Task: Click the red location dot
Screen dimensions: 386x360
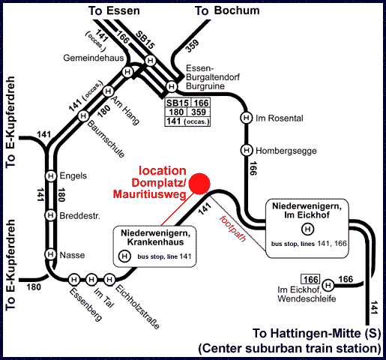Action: (x=199, y=184)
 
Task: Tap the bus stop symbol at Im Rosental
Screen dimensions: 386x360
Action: (x=247, y=118)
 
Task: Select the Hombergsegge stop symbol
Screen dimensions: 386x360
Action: (x=247, y=150)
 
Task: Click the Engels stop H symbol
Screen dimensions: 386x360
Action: (x=51, y=175)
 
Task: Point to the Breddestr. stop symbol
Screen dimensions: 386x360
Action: (x=50, y=215)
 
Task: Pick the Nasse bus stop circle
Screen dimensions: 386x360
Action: (x=50, y=254)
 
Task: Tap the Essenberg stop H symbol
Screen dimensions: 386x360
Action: (x=74, y=279)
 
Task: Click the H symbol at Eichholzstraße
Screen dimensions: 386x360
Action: (x=109, y=279)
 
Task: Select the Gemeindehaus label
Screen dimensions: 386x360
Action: (x=94, y=58)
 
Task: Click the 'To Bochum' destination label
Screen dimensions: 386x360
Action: (x=227, y=10)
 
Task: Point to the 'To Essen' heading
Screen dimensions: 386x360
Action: (x=114, y=11)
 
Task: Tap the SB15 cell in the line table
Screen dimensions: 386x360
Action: (x=178, y=103)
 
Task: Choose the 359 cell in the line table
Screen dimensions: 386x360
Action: (x=199, y=112)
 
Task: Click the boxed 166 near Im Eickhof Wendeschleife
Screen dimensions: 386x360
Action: (x=310, y=279)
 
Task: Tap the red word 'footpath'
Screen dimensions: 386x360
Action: (x=232, y=229)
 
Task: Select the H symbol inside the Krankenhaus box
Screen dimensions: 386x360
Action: (x=124, y=256)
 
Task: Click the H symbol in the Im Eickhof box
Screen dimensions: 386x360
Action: (x=307, y=229)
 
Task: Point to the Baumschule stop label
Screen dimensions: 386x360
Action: (x=106, y=139)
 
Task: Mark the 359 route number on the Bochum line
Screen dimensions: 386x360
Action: (x=193, y=46)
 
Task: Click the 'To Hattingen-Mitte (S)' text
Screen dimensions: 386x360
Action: (x=316, y=333)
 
